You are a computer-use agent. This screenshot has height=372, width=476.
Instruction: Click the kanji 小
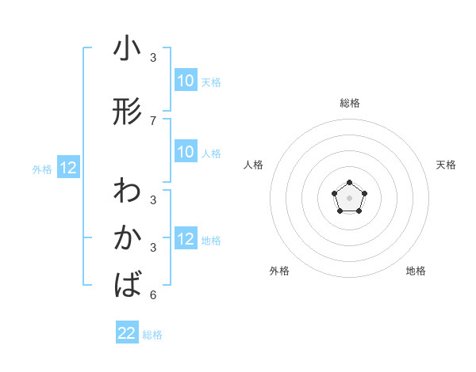tap(127, 49)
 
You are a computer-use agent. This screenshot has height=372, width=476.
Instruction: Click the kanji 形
tap(127, 112)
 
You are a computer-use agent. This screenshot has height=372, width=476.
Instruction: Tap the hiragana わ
tap(127, 192)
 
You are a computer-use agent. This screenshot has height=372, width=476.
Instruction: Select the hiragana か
tap(127, 237)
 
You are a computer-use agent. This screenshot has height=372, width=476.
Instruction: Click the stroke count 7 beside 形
tap(153, 121)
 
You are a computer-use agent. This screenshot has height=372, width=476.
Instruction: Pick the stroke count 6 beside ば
tap(153, 295)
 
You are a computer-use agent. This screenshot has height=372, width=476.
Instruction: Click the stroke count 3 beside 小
tap(153, 58)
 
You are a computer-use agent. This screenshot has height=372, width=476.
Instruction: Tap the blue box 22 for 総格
tap(127, 333)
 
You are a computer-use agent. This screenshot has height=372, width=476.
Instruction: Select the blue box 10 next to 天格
tap(186, 81)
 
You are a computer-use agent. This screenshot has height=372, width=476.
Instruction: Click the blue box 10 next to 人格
tap(186, 152)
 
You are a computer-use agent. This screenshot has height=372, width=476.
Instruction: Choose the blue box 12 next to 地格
tap(186, 239)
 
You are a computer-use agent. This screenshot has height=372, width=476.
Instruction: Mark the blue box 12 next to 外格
tap(68, 168)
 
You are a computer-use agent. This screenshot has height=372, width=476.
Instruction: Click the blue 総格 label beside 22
tap(152, 335)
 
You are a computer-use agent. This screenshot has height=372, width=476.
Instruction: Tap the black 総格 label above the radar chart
tap(350, 103)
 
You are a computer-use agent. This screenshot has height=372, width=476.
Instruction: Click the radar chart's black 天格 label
tap(446, 165)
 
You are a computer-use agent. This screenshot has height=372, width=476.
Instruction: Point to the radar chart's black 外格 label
tap(279, 271)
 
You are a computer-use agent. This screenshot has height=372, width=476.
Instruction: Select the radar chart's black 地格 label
tap(416, 271)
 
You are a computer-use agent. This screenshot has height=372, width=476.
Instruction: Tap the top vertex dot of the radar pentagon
tap(350, 184)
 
